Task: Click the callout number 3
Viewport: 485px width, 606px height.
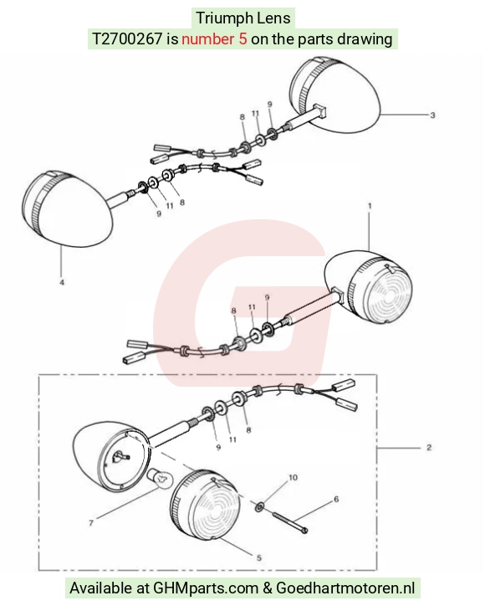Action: point(432,116)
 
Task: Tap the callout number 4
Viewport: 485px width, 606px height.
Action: point(62,283)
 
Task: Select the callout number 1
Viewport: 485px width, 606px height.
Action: point(370,206)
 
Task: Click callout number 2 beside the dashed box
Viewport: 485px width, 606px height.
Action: point(429,448)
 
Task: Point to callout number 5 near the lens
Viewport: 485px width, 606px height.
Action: point(258,557)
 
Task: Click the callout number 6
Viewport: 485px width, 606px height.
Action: point(336,500)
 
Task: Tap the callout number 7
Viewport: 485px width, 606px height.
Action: point(91,523)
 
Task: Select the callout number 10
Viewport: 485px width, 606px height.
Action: point(293,478)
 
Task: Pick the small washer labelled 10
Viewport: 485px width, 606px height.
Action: point(260,506)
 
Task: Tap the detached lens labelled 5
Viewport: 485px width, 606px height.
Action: point(205,506)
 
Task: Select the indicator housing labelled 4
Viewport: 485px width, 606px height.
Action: point(67,208)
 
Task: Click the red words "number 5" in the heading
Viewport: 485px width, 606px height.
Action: point(214,39)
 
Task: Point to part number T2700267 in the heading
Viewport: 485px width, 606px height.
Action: point(127,39)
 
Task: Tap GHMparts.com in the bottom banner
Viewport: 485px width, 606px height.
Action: point(206,588)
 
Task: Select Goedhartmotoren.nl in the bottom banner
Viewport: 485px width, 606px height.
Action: point(345,588)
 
